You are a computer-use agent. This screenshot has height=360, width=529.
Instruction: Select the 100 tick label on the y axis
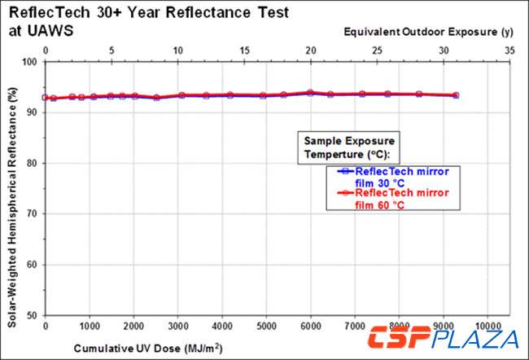(x=28, y=61)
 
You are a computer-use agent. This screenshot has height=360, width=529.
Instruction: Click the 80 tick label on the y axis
(x=32, y=163)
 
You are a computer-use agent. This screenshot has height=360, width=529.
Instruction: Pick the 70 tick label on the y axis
(x=32, y=213)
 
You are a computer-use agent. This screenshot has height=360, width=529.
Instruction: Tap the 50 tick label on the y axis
(x=32, y=315)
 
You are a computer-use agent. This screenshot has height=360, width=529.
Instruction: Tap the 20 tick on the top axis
(x=310, y=50)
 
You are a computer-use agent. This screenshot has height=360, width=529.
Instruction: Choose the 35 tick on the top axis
(x=509, y=50)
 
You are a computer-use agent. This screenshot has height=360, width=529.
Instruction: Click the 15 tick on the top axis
(x=244, y=50)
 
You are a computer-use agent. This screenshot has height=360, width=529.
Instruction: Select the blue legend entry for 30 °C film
(x=391, y=176)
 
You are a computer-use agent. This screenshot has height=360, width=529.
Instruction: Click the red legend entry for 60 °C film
(x=391, y=199)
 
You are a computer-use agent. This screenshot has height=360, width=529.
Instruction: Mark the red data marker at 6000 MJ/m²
(x=310, y=93)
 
